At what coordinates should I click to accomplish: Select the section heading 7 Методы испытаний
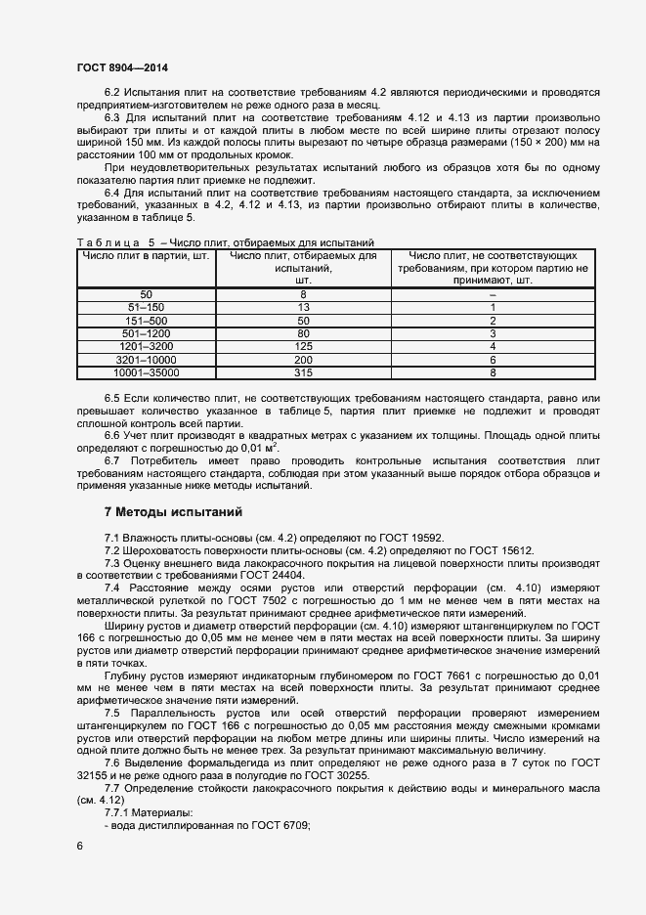click(166, 512)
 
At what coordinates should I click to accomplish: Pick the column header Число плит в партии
click(146, 256)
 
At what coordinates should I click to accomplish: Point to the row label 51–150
click(146, 307)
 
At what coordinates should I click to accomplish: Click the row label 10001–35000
click(146, 372)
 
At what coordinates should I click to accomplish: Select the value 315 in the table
click(303, 372)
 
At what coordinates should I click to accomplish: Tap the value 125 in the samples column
click(303, 346)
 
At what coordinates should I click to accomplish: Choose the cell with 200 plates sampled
click(303, 360)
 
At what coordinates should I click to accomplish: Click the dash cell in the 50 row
click(493, 294)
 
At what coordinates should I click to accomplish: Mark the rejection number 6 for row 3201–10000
click(493, 360)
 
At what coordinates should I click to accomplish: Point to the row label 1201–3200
click(146, 346)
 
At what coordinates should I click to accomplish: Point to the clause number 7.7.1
click(121, 813)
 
